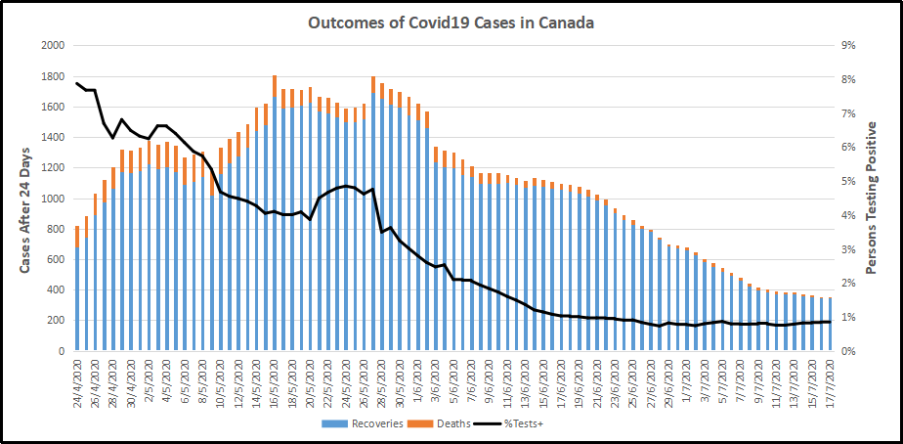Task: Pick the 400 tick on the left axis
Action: pyautogui.click(x=55, y=289)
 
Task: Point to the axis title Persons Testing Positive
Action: pyautogui.click(x=872, y=198)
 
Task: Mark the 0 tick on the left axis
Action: pyautogui.click(x=61, y=350)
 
